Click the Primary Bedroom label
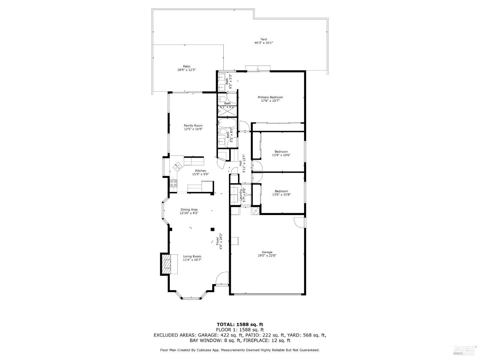coord(270,97)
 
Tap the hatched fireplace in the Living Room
coord(166,264)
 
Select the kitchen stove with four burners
coord(173,183)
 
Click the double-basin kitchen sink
coord(177,166)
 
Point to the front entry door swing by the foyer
coord(222,279)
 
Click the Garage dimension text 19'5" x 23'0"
coord(267,256)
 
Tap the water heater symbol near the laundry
coord(256,211)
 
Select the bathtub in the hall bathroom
coord(227,123)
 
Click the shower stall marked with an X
coord(228,111)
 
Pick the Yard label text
coord(263,39)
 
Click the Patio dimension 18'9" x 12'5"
coord(186,70)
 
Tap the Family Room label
coord(193,125)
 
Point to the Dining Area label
coord(189,210)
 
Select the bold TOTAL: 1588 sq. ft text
coord(240,324)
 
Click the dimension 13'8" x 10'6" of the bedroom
coord(281,155)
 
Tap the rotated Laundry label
coord(241,195)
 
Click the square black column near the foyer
coord(212,229)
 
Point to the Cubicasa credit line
coord(240,350)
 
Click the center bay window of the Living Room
coord(191,298)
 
